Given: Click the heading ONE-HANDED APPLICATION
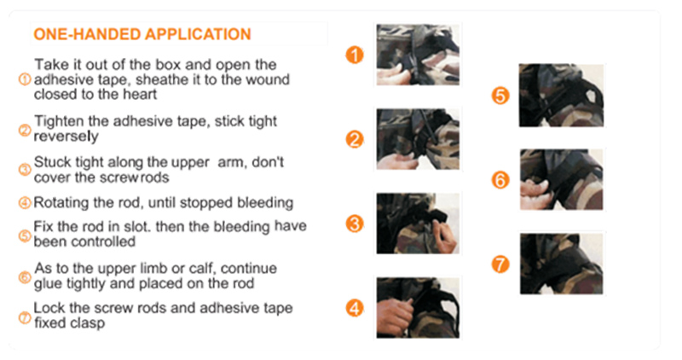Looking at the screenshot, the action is pyautogui.click(x=142, y=34).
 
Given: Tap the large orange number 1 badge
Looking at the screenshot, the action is pyautogui.click(x=355, y=55).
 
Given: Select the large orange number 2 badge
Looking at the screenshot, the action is pyautogui.click(x=355, y=140).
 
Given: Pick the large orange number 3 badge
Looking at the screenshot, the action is pyautogui.click(x=355, y=224).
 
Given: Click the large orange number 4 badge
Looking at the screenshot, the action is pyautogui.click(x=355, y=309).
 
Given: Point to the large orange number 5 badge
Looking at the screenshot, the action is pyautogui.click(x=500, y=96).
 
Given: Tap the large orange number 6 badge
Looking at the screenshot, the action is pyautogui.click(x=500, y=180).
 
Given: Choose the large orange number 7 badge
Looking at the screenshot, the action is pyautogui.click(x=500, y=264).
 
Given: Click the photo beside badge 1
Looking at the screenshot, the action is pyautogui.click(x=418, y=55).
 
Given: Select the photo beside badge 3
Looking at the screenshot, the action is pyautogui.click(x=418, y=224).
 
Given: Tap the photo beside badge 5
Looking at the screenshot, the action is pyautogui.click(x=561, y=96).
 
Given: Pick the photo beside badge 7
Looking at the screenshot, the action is pyautogui.click(x=561, y=264).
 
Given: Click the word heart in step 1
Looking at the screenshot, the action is pyautogui.click(x=140, y=95).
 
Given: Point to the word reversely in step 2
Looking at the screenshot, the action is pyautogui.click(x=66, y=136).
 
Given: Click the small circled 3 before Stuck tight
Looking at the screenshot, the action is pyautogui.click(x=25, y=170).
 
